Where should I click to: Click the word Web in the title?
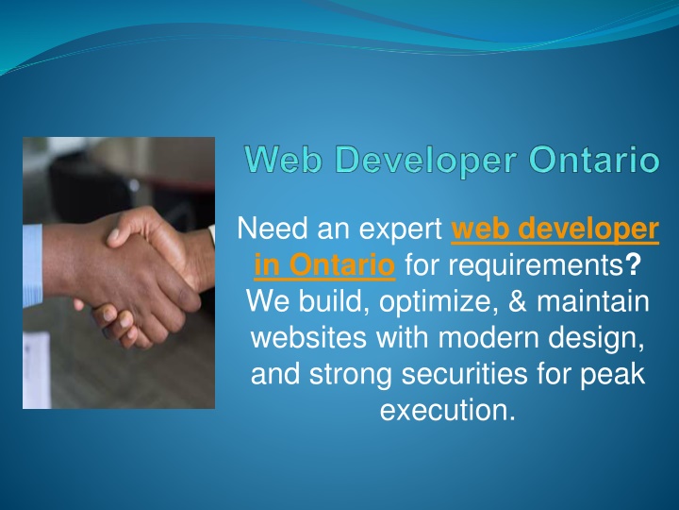284,160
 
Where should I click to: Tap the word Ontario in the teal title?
594,160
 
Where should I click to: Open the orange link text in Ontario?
324,265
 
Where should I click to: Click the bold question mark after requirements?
633,264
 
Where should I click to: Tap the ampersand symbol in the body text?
518,301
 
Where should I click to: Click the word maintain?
593,301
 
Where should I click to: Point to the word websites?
308,337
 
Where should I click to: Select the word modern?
489,337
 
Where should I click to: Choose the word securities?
464,374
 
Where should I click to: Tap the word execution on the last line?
448,410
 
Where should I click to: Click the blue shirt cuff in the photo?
33,265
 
